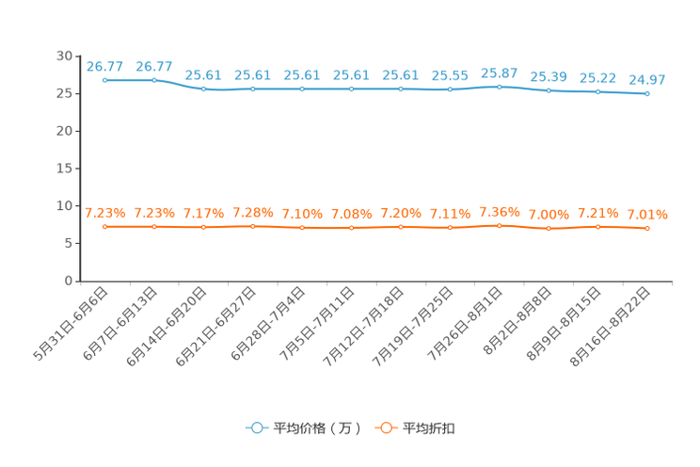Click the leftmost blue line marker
point(105,81)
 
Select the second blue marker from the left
point(154,80)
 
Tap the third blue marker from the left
point(203,89)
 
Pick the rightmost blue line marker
point(647,94)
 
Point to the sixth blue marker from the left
point(352,89)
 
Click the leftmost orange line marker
point(105,226)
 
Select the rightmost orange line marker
point(647,228)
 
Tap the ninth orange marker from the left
point(500,224)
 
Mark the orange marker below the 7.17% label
point(203,227)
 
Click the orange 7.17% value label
point(203,213)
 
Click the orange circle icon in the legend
point(385,427)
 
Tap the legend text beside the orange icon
point(430,428)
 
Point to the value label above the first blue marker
point(104,66)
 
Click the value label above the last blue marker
point(647,80)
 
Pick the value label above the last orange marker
point(647,214)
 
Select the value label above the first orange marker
point(104,212)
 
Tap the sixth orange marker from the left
point(352,227)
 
